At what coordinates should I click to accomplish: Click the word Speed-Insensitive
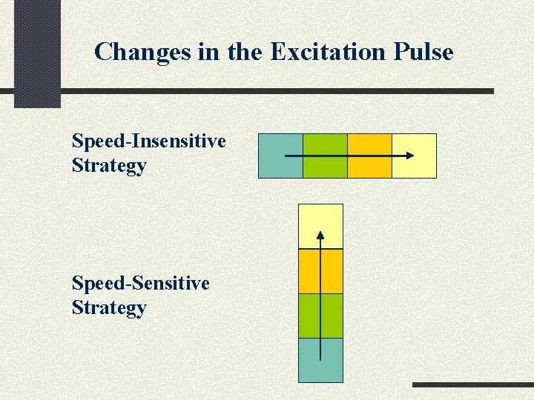click(x=148, y=141)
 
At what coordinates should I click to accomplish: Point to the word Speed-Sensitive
click(x=140, y=283)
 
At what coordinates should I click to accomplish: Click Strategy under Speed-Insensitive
click(x=109, y=165)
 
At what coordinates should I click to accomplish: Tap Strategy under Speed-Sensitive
click(x=109, y=307)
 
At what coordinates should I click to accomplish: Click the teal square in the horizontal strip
click(x=280, y=156)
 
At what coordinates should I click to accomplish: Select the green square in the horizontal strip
click(x=325, y=156)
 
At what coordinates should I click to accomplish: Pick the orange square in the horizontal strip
click(x=369, y=156)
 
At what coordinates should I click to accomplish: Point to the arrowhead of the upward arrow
click(x=320, y=236)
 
